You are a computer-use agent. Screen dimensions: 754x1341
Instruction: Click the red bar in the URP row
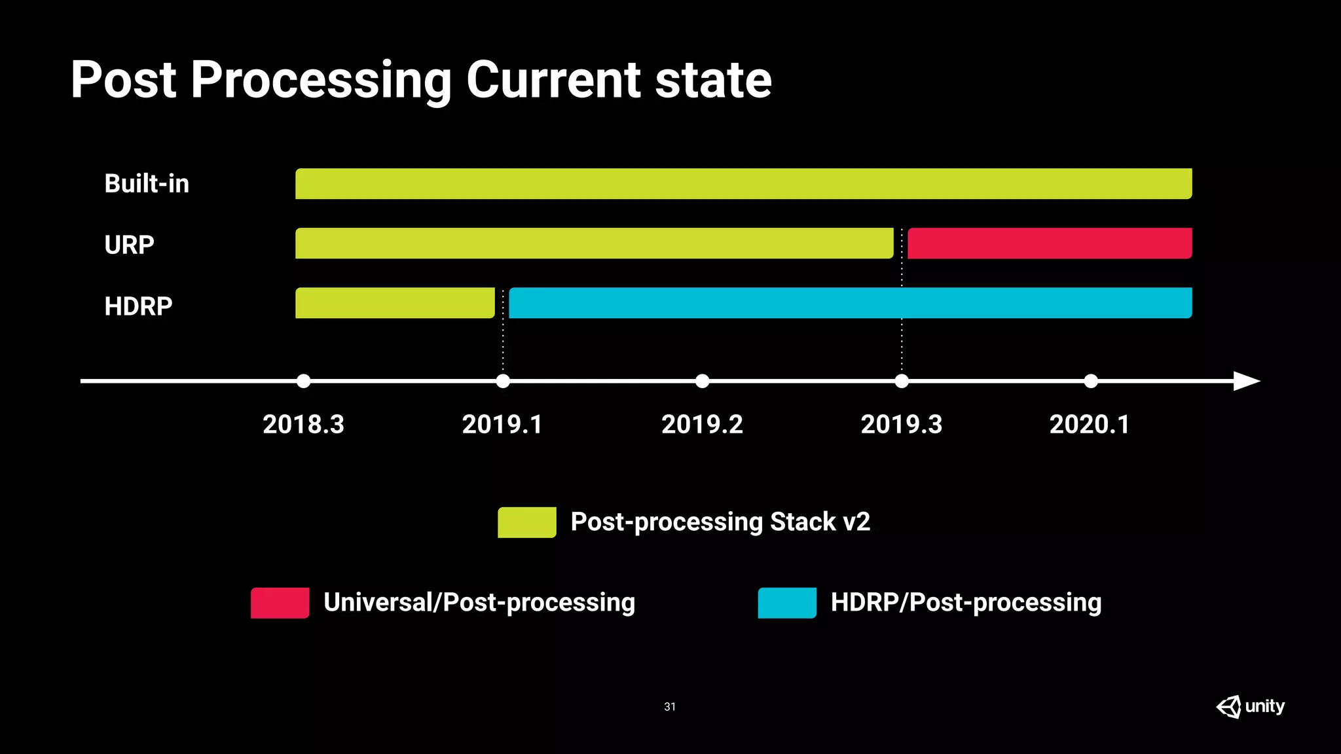1049,243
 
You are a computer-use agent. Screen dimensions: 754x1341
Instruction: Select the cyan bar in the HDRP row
850,303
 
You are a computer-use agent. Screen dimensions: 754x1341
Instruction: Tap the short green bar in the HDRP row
395,303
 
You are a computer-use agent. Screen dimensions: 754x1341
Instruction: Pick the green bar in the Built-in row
743,184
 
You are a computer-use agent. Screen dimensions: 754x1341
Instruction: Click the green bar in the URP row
594,243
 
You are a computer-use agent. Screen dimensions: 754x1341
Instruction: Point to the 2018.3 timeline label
303,424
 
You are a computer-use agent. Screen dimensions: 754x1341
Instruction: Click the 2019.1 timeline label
502,424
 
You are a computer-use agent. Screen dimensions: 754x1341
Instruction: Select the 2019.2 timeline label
702,424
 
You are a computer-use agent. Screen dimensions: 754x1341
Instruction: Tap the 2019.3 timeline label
901,424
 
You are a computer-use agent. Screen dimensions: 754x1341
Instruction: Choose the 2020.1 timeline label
1090,424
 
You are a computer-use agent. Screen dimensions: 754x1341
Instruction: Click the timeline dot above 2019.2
702,381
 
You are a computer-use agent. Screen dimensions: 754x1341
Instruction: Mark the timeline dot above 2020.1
1090,381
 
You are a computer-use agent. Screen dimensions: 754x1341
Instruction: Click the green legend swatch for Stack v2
526,522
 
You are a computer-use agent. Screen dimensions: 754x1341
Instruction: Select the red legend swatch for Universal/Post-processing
280,603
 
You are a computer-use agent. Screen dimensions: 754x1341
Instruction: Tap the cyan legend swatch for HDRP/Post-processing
787,603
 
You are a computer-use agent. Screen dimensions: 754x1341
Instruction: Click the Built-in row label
147,184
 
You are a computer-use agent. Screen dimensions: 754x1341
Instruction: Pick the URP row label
129,245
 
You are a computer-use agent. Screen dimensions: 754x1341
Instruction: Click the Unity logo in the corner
1250,707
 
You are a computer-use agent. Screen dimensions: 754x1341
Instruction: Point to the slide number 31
670,707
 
